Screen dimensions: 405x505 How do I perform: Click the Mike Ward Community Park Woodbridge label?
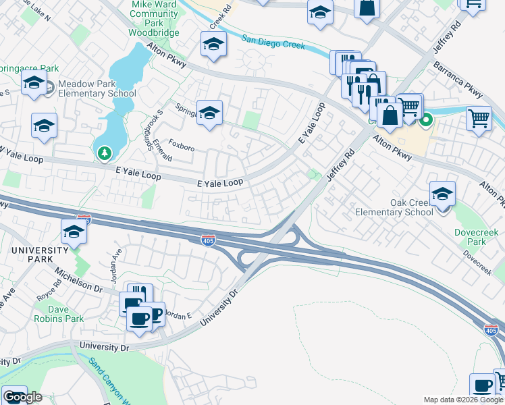pyautogui.click(x=154, y=18)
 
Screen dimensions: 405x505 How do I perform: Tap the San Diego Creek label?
pyautogui.click(x=273, y=43)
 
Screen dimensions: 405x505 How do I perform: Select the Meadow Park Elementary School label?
pyautogui.click(x=97, y=88)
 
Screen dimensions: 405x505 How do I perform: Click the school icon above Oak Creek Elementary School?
pyautogui.click(x=442, y=194)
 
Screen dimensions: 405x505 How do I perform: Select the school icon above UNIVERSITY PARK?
pyautogui.click(x=74, y=232)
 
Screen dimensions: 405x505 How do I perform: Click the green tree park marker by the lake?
pyautogui.click(x=104, y=155)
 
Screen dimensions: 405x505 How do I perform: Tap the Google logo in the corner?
pyautogui.click(x=22, y=396)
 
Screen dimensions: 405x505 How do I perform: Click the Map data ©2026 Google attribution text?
pyautogui.click(x=462, y=400)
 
